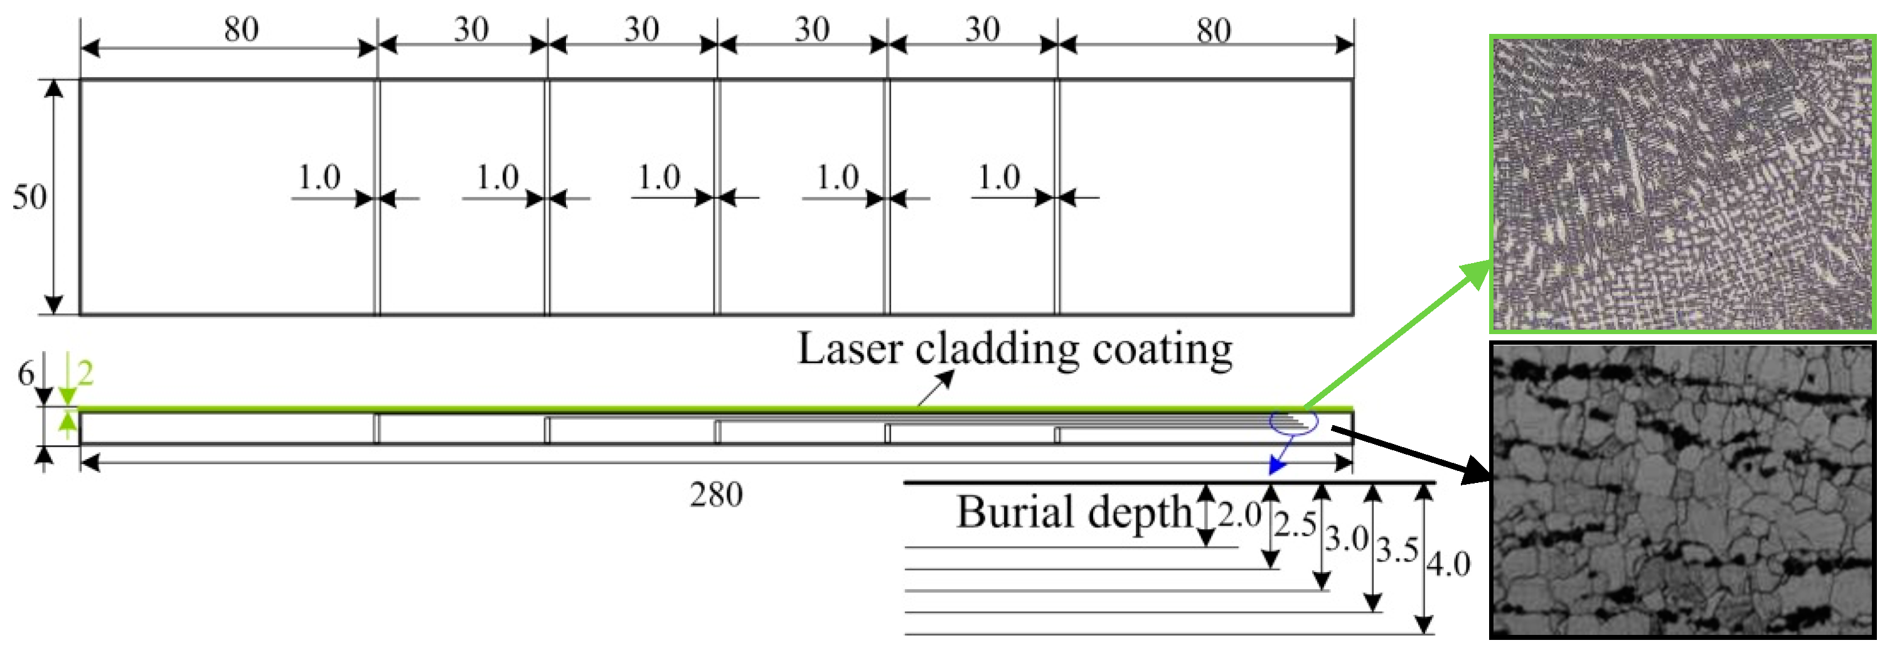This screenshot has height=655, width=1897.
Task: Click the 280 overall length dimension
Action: [716, 494]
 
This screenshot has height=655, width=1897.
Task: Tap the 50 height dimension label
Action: [29, 197]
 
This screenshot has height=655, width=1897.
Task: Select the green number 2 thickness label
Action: [85, 374]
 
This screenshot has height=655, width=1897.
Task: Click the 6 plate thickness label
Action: [26, 374]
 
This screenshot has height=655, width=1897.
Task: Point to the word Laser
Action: [850, 349]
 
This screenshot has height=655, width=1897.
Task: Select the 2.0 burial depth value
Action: [1240, 514]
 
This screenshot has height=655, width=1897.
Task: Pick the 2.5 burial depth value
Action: [1295, 524]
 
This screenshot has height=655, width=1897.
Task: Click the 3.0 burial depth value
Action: [1347, 539]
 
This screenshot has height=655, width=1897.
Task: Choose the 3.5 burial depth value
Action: [1397, 549]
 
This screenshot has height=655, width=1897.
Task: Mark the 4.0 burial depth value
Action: [1448, 565]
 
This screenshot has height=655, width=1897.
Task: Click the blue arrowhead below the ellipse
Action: [1277, 465]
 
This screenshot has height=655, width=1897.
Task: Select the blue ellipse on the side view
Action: [1294, 423]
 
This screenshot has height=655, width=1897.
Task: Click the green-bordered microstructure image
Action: [1682, 183]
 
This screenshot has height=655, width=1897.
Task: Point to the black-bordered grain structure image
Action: [1682, 490]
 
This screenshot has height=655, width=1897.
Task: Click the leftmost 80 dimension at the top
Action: [242, 30]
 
